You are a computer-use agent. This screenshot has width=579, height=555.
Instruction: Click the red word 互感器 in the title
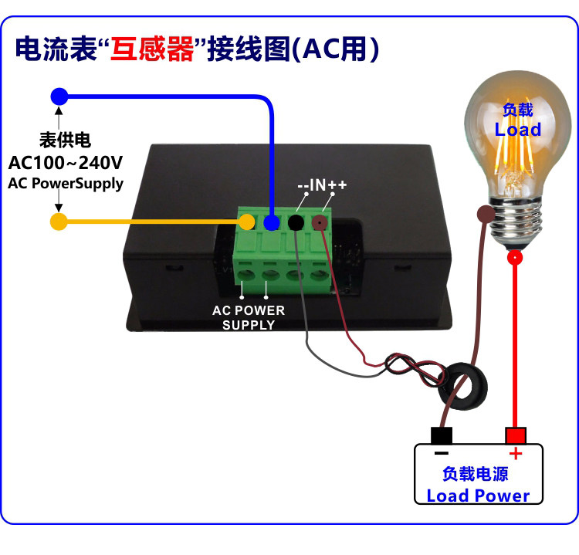click(x=152, y=49)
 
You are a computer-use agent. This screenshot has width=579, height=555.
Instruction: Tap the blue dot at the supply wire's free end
click(x=59, y=96)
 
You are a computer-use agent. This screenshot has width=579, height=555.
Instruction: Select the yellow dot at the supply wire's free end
click(x=59, y=222)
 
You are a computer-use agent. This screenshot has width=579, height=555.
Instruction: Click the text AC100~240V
click(x=66, y=162)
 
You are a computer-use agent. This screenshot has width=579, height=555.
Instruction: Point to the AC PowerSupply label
click(x=66, y=184)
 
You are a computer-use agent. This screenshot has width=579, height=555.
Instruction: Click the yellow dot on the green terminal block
click(x=246, y=222)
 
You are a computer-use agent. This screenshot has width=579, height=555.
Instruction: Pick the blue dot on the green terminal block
click(x=272, y=222)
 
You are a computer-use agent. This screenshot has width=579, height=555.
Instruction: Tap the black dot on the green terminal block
click(x=296, y=222)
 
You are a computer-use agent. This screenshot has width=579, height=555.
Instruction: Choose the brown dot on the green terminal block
click(x=320, y=222)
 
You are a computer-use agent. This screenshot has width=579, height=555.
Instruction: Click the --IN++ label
click(x=322, y=184)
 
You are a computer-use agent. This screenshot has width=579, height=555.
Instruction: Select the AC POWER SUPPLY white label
click(x=249, y=317)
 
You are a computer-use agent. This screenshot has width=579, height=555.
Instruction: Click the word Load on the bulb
click(x=518, y=129)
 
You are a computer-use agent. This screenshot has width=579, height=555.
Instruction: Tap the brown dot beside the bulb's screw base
click(x=486, y=214)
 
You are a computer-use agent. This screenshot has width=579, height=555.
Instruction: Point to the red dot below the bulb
click(x=515, y=257)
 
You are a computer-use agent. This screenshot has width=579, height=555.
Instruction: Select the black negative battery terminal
click(x=442, y=435)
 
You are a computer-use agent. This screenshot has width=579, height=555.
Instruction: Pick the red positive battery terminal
click(x=516, y=435)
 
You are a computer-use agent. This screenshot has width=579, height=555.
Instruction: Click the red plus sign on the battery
click(x=516, y=453)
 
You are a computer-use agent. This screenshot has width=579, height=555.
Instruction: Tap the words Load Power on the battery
click(x=478, y=496)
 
